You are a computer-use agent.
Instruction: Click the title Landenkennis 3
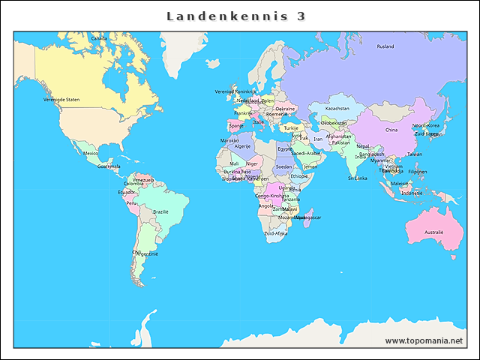pyautogui.click(x=235, y=16)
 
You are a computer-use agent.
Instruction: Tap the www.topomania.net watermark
pyautogui.click(x=424, y=341)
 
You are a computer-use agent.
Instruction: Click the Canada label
pyautogui.click(x=98, y=37)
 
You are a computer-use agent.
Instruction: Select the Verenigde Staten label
pyautogui.click(x=61, y=99)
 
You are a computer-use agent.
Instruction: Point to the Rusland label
pyautogui.click(x=385, y=46)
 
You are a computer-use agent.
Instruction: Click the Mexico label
pyautogui.click(x=91, y=153)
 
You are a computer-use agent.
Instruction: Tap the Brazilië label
pyautogui.click(x=160, y=211)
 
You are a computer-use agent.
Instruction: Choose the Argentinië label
pyautogui.click(x=146, y=253)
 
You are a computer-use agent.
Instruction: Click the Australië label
pyautogui.click(x=433, y=232)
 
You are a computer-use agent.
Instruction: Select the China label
pyautogui.click(x=391, y=130)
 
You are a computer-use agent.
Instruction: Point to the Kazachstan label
pyautogui.click(x=337, y=108)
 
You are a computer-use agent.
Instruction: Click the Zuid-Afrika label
pyautogui.click(x=275, y=233)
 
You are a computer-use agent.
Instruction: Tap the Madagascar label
pyautogui.click(x=308, y=217)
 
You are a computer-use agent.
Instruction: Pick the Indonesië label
pyautogui.click(x=412, y=193)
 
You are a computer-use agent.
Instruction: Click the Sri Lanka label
pyautogui.click(x=357, y=178)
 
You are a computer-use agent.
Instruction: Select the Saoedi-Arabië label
pyautogui.click(x=305, y=153)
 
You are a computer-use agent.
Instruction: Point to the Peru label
pyautogui.click(x=131, y=202)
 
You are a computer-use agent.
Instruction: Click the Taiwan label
pyautogui.click(x=414, y=154)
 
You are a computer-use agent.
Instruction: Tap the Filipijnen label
pyautogui.click(x=418, y=172)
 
